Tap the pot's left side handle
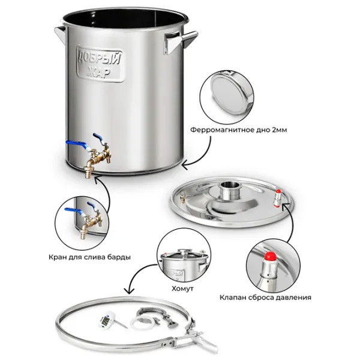(x=59, y=34)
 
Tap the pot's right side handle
(x=179, y=43)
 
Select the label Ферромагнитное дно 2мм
(x=239, y=130)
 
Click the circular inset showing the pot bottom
(x=227, y=95)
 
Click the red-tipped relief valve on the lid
(x=277, y=198)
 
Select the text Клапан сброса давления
(x=265, y=298)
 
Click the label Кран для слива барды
(x=90, y=257)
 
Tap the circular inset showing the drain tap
(x=82, y=223)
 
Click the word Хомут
(x=182, y=289)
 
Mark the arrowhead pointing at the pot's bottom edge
(x=185, y=166)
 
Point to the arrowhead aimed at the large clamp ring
(x=130, y=290)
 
